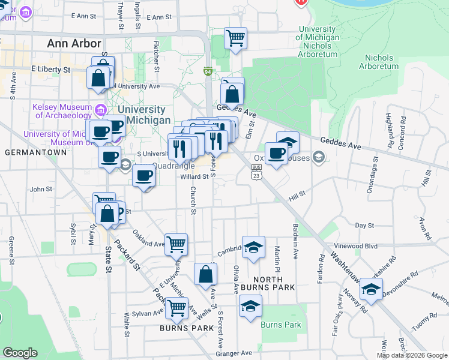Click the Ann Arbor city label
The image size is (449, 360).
pos(74,44)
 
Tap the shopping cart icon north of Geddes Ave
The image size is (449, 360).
pos(236,38)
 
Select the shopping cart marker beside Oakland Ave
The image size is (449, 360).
pos(176,244)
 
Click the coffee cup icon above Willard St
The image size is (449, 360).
pos(144,176)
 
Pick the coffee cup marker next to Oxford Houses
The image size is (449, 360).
pos(276,153)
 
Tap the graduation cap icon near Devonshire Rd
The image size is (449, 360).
pos(372,290)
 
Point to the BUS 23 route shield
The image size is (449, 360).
pos(256,173)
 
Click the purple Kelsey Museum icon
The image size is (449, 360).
pos(100,110)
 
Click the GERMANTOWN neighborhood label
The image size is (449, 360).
pos(31,152)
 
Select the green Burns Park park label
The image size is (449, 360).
pos(281,325)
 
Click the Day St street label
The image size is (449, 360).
pos(365,225)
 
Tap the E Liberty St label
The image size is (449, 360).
pos(50,70)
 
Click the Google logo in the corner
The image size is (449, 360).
pos(20,353)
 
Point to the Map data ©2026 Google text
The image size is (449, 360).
pos(412,355)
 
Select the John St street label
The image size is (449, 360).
pos(42,189)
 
